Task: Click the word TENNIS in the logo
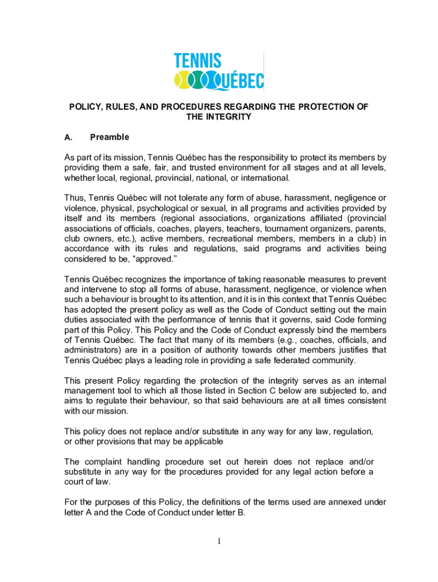coord(197,61)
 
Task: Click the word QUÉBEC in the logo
coord(238,81)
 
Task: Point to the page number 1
coord(219,541)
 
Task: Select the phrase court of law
coord(87,482)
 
